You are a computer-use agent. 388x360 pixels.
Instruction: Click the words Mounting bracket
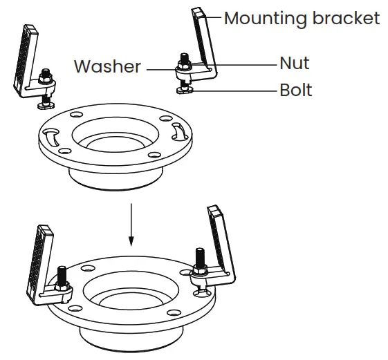click(302, 18)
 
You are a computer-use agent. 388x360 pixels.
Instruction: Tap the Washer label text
click(107, 67)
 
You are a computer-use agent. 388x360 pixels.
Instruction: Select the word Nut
click(294, 63)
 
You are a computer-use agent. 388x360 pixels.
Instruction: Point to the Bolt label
click(295, 90)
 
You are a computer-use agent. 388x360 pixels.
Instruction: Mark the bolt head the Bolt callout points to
click(185, 88)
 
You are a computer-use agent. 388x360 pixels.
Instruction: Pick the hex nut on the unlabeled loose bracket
click(47, 81)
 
